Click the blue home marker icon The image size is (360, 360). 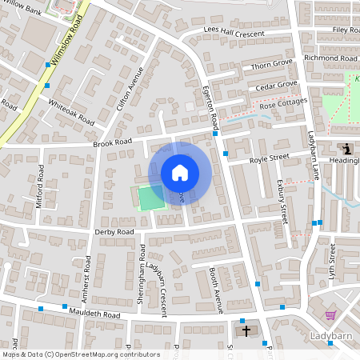point(180,173)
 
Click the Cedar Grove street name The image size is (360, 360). point(277,85)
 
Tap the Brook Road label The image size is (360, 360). point(112,143)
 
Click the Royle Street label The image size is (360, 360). point(269,158)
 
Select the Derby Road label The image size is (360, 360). point(114,232)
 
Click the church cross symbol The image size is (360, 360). point(246,330)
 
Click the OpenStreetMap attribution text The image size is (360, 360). point(81,354)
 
